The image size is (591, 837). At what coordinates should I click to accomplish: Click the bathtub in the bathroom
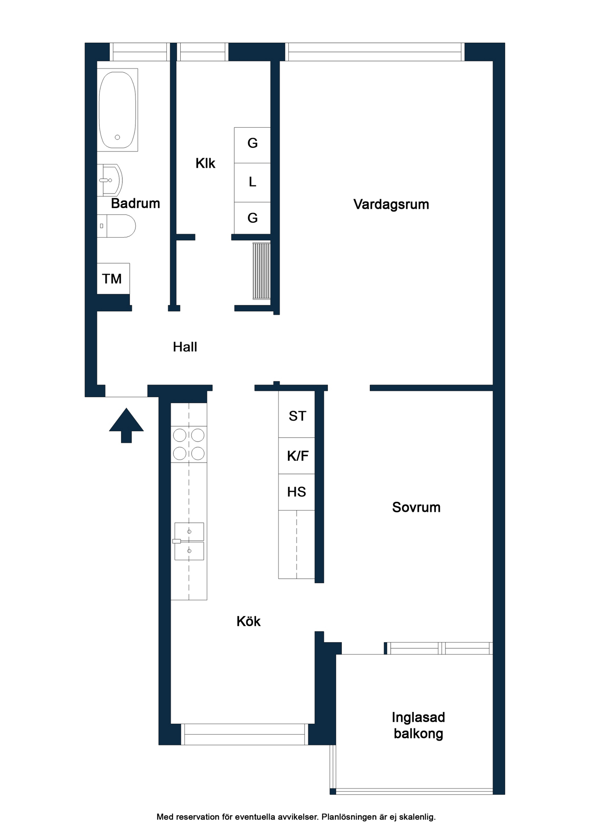[117, 110]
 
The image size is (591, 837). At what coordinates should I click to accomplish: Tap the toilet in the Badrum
[116, 226]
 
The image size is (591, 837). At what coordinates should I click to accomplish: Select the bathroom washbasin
[110, 180]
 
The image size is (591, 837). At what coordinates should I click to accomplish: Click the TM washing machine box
[113, 279]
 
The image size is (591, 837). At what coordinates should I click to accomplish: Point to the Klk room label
[206, 163]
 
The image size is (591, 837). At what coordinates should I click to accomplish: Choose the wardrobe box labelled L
[252, 183]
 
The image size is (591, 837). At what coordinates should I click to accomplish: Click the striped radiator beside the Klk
[261, 271]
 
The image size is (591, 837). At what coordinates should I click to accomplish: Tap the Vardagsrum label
[391, 204]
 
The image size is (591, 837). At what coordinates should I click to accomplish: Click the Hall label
[185, 347]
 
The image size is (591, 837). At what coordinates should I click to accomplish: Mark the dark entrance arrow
[126, 425]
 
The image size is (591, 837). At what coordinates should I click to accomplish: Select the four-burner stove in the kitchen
[189, 444]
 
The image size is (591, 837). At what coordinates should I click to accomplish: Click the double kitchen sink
[189, 541]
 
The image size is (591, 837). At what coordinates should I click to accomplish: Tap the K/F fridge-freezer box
[297, 456]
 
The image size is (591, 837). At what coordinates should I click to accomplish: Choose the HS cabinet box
[297, 492]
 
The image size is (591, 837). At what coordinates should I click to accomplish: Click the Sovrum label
[416, 507]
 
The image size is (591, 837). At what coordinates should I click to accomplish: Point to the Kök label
[249, 621]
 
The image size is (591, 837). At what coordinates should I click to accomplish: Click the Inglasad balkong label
[419, 725]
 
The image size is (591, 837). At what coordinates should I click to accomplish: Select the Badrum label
[135, 204]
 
